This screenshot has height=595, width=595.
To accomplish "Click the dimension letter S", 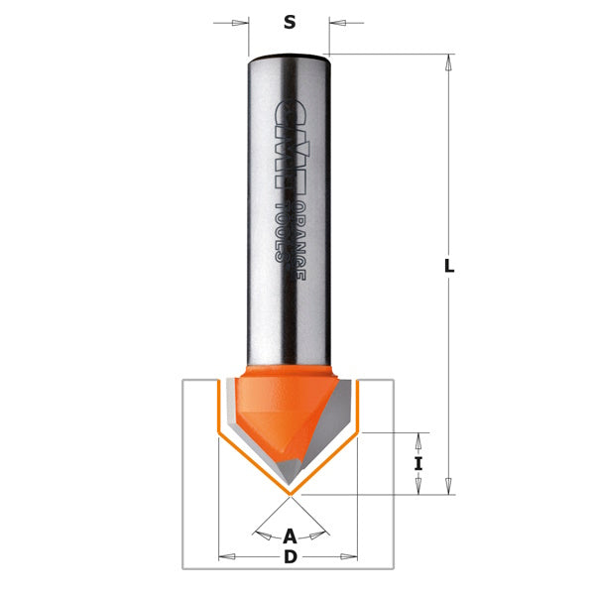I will [x=290, y=22].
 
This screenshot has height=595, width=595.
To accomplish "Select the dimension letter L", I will [x=449, y=266].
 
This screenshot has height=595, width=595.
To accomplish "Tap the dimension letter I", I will [x=418, y=463].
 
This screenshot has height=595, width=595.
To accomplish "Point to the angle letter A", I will [x=290, y=536].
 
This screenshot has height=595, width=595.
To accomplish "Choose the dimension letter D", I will [x=290, y=557].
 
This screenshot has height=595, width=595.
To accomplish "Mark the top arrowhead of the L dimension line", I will [x=449, y=61].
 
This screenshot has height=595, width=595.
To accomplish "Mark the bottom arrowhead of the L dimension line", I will [x=449, y=486].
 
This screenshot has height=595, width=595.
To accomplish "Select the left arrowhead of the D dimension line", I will [x=225, y=557].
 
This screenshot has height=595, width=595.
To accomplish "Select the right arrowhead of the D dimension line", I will [x=350, y=557].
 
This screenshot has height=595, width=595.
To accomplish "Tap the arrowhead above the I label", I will [x=418, y=439].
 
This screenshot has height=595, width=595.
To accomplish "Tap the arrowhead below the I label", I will [x=418, y=486].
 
